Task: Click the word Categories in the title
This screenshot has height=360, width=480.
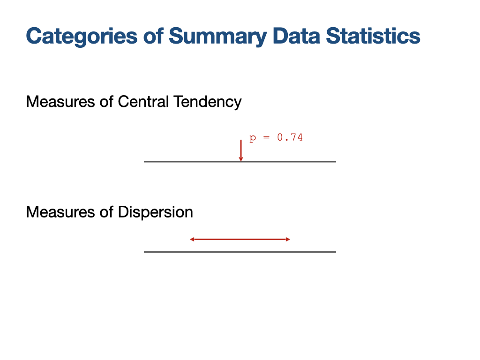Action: click(x=82, y=37)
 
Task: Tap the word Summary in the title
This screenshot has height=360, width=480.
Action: click(x=217, y=37)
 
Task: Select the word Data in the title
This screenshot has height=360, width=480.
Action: click(x=296, y=36)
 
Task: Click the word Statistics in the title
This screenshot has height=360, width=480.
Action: click(x=373, y=36)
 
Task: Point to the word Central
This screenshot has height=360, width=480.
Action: click(x=143, y=102)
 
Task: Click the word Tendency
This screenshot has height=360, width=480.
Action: click(x=208, y=102)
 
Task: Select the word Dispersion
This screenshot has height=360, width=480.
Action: click(x=156, y=212)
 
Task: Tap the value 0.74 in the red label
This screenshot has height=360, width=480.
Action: click(x=290, y=137)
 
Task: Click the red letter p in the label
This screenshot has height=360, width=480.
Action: click(x=253, y=138)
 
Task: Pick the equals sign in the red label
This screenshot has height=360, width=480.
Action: click(x=267, y=137)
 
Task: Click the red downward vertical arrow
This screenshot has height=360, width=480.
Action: click(x=241, y=150)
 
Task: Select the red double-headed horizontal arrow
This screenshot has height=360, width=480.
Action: click(x=240, y=240)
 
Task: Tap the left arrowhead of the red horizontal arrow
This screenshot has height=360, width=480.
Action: click(x=192, y=240)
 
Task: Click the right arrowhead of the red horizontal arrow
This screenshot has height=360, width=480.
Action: click(x=288, y=240)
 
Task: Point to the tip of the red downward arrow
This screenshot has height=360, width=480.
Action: click(x=241, y=161)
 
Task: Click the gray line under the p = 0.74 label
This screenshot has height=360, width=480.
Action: click(x=240, y=162)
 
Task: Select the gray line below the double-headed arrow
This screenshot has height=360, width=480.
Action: click(x=240, y=252)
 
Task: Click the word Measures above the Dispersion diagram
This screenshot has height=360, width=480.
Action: click(x=60, y=212)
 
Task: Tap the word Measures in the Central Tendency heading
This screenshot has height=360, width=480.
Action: click(x=60, y=102)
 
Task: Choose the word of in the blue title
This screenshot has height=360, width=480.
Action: click(x=153, y=36)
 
